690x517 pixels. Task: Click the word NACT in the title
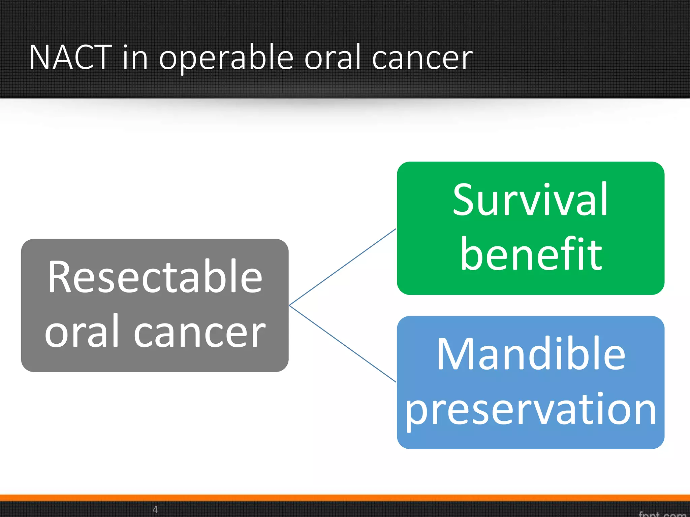70,58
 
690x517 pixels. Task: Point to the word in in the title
135,58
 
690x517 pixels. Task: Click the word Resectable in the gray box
155,277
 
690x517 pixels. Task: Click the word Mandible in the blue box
531,354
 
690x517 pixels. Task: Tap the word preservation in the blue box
531,410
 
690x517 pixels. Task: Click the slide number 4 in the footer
155,509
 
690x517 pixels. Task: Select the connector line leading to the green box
342,267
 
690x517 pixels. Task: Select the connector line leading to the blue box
342,344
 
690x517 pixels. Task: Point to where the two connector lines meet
290,305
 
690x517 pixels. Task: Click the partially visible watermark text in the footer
662,514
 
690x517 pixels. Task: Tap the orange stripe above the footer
345,498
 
